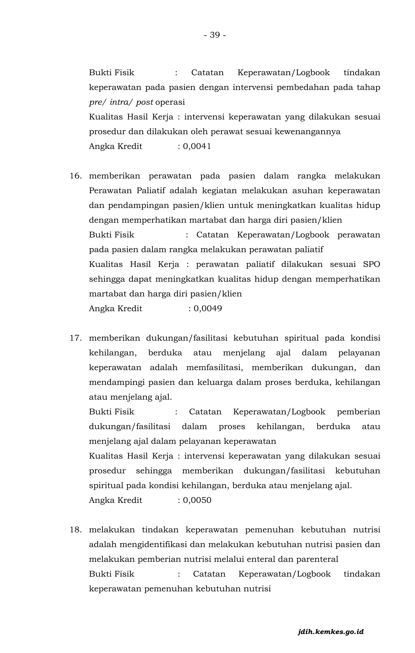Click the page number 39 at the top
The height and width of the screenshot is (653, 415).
tap(215, 35)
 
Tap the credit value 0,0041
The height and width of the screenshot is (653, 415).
tap(197, 147)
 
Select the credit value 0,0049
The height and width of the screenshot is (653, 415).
tap(208, 309)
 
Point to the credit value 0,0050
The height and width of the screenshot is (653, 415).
tap(197, 500)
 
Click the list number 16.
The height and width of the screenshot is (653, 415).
tap(76, 176)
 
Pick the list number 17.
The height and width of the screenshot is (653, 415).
tap(76, 338)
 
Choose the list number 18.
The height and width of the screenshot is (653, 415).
tap(76, 530)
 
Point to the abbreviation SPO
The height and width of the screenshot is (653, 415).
tap(371, 264)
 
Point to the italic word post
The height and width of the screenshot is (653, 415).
tap(144, 102)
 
